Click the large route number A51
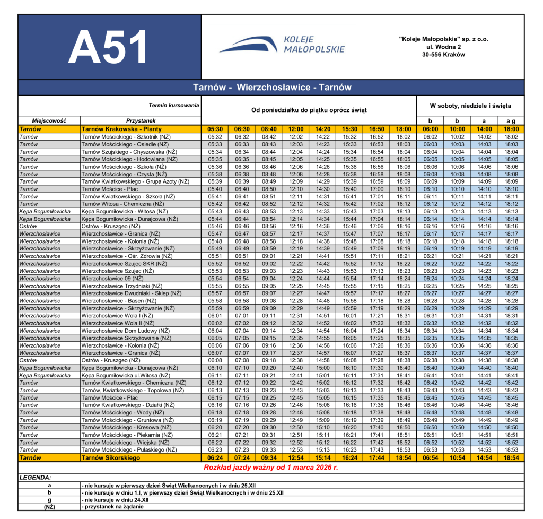110,47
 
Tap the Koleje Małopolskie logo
282,45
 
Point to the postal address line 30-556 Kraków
443,55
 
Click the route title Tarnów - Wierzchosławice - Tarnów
271,88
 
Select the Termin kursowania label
174,105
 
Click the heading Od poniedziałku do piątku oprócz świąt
309,110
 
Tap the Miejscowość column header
49,121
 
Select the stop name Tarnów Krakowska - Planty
121,129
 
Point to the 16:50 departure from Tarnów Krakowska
376,129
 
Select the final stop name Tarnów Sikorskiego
110,457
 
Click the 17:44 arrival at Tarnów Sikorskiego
376,457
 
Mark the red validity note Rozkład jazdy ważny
271,468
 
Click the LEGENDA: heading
35,478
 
